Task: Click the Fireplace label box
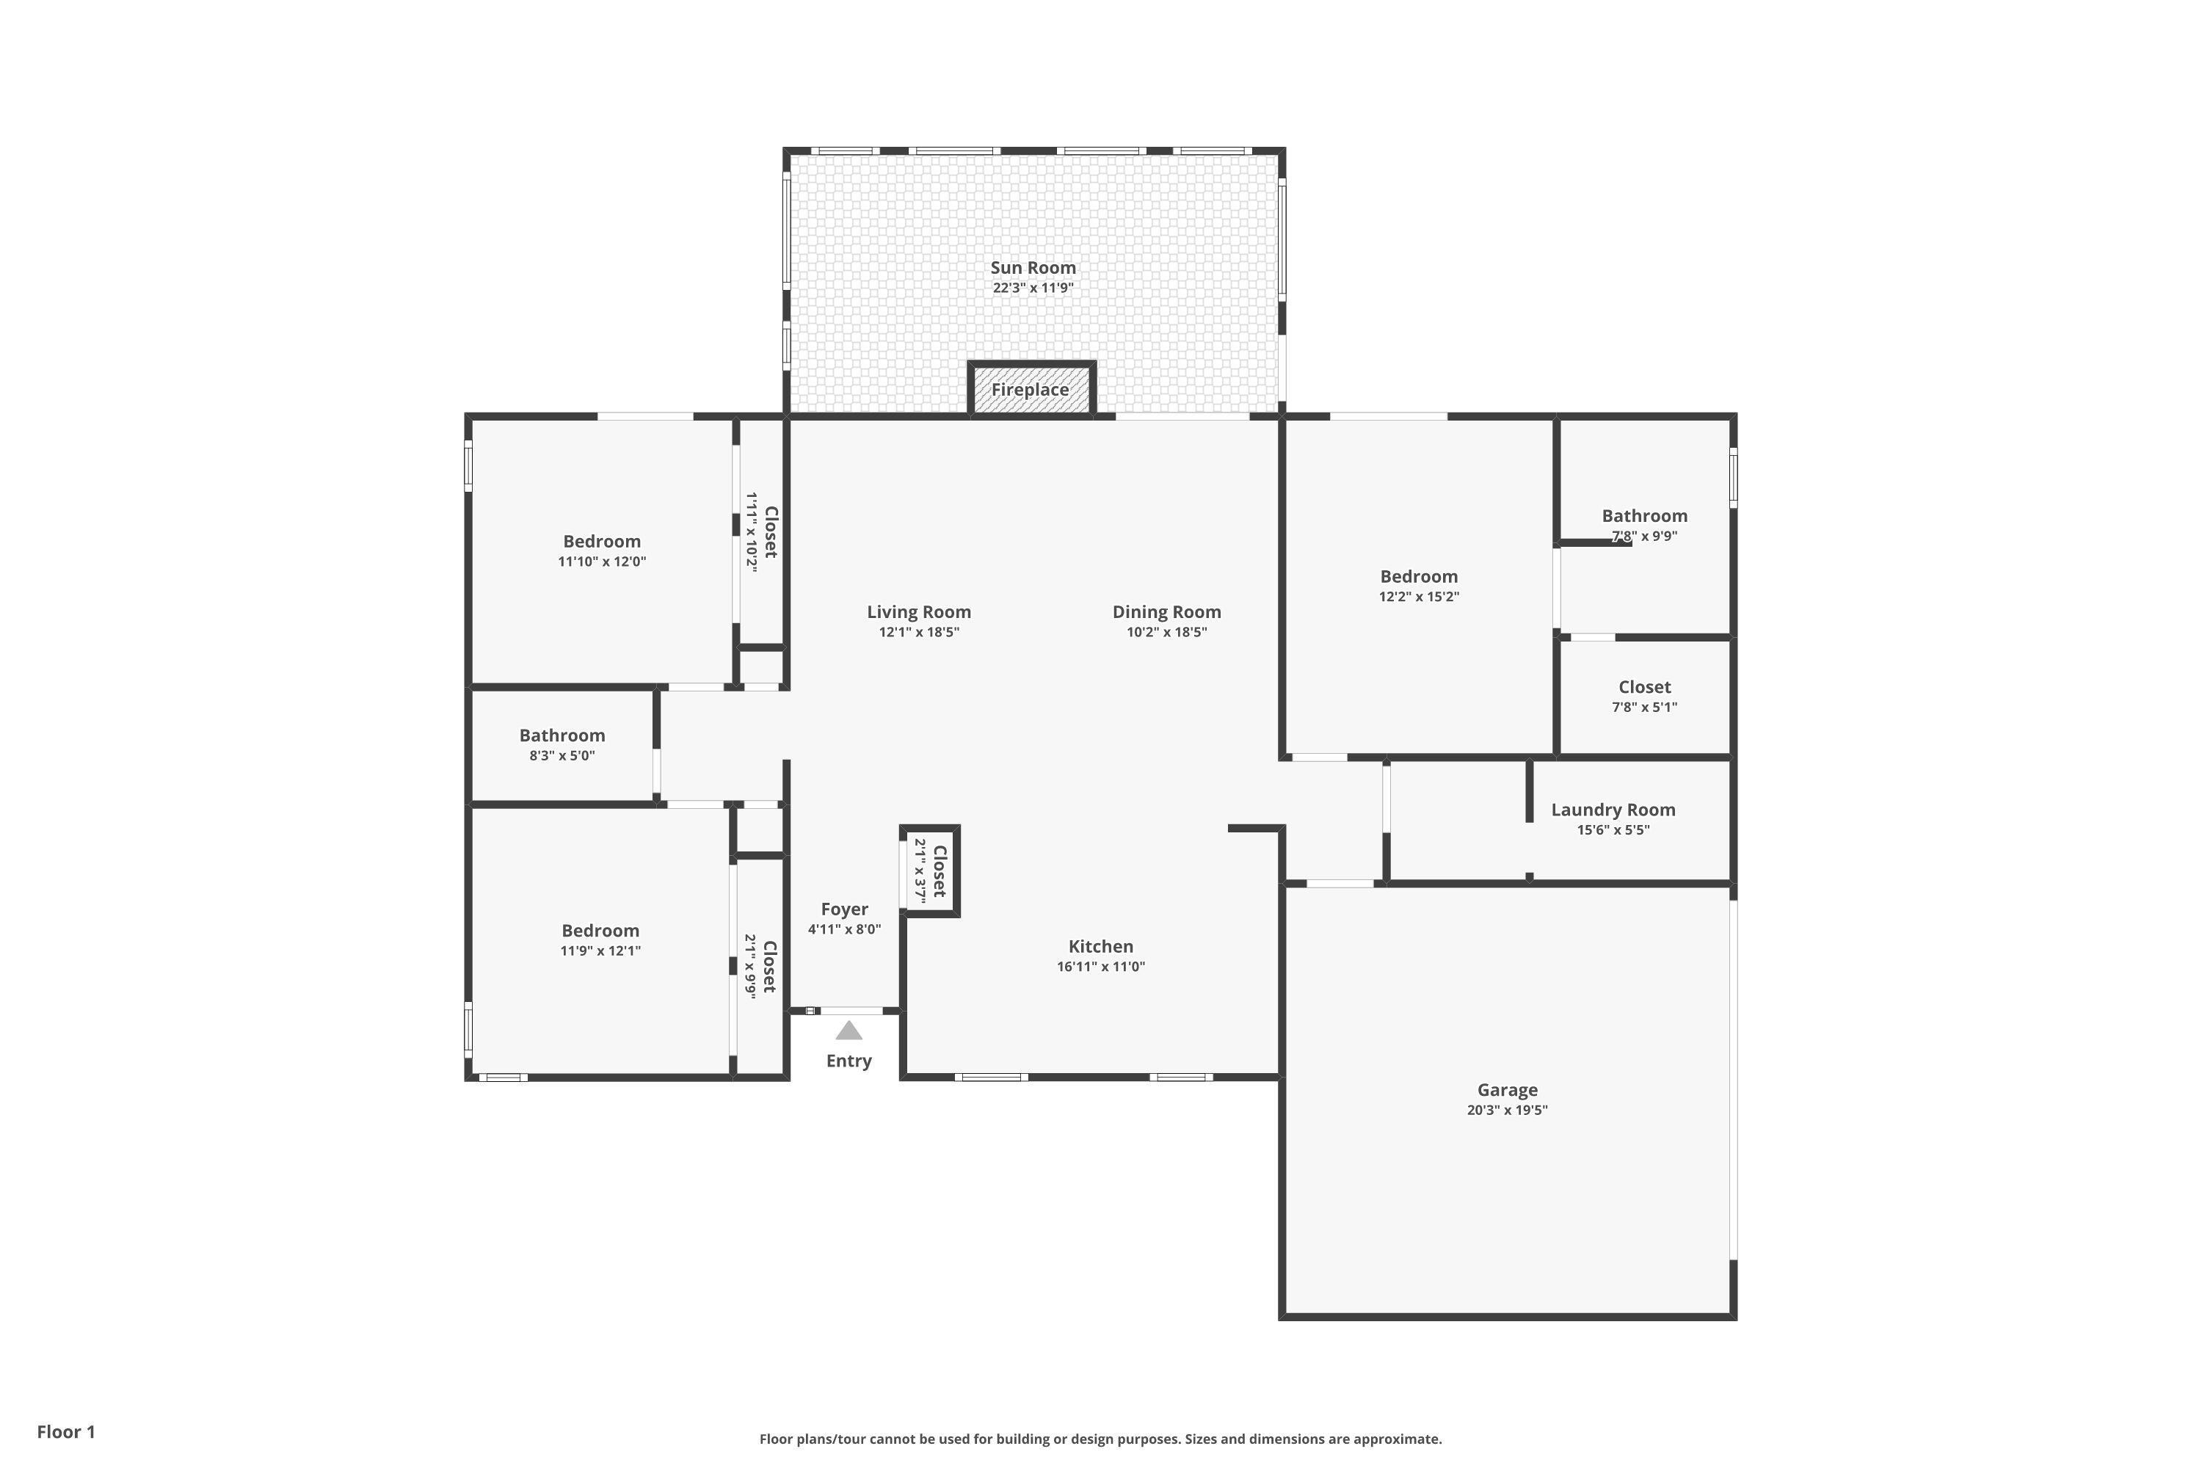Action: point(1031,390)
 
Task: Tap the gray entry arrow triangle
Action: point(849,1031)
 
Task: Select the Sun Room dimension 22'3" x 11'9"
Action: point(1033,288)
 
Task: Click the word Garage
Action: point(1508,1090)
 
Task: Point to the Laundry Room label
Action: point(1613,810)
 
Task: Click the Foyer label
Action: point(845,909)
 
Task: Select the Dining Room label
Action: point(1166,612)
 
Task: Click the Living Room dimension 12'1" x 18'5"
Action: point(918,633)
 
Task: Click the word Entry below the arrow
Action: point(849,1061)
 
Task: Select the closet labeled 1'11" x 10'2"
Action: point(762,531)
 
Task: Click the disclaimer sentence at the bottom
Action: point(1100,1439)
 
